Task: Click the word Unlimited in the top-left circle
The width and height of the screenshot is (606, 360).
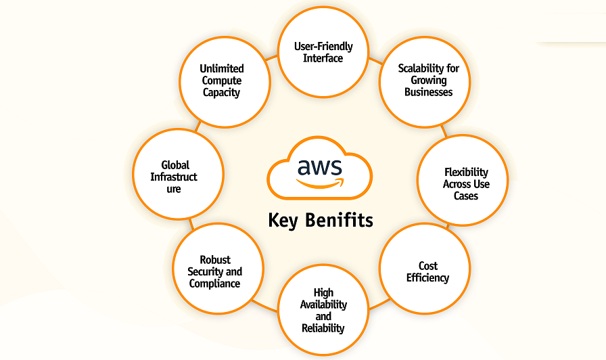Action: [222, 68]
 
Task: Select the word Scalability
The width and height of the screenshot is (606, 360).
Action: [429, 68]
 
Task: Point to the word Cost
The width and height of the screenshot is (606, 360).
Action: [427, 266]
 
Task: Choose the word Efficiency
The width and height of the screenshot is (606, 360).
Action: [427, 277]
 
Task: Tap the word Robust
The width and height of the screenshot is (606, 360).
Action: [215, 260]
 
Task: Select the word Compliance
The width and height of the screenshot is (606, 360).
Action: [215, 284]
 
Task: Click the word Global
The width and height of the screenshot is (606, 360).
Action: [175, 165]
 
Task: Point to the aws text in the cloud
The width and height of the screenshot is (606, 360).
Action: [320, 165]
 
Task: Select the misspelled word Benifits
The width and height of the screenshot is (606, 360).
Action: [340, 221]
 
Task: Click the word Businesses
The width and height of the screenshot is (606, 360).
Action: [429, 92]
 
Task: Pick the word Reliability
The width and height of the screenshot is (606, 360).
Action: [323, 328]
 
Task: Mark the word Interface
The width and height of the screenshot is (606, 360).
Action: [323, 58]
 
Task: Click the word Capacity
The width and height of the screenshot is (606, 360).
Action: [222, 93]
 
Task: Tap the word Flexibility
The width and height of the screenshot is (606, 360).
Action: [466, 172]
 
